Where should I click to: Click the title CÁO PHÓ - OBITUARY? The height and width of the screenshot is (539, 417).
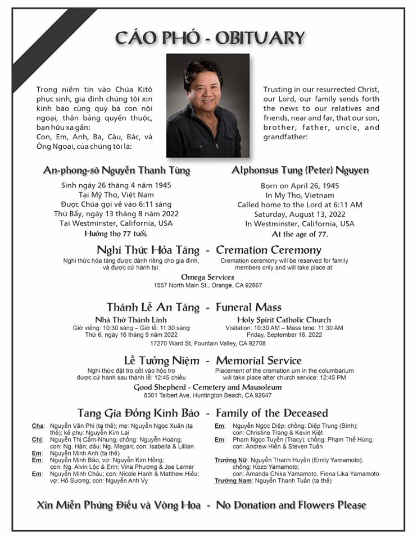tap(210, 38)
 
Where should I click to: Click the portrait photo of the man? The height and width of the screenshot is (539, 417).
tap(207, 106)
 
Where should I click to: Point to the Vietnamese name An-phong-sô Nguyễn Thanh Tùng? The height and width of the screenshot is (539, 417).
tap(117, 170)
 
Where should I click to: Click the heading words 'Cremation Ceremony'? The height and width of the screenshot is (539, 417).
tap(269, 250)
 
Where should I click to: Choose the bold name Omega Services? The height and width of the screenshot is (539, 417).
tap(207, 277)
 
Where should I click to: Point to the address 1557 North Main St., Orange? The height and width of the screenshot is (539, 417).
tap(207, 285)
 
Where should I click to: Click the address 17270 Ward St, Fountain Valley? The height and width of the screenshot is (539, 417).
tap(207, 343)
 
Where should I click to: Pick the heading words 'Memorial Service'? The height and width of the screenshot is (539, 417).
tap(259, 360)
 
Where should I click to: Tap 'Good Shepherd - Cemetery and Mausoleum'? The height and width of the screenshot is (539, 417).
tap(207, 387)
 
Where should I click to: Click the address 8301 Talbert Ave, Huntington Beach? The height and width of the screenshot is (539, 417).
tap(207, 395)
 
